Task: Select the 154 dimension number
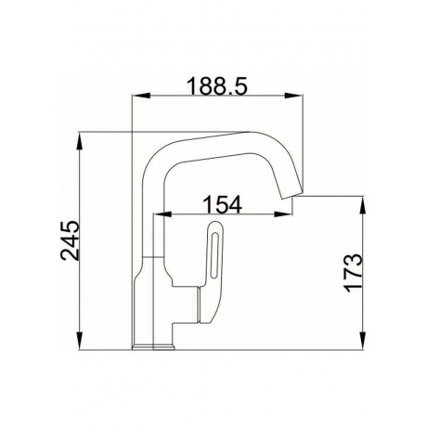[x=222, y=204]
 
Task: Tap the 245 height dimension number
[x=71, y=240]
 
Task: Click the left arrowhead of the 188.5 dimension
[x=141, y=96]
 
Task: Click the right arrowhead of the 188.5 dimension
[x=293, y=96]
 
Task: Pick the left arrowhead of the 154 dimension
[x=162, y=213]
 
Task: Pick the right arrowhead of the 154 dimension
[x=283, y=213]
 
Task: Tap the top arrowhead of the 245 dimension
[x=79, y=142]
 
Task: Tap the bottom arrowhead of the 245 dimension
[x=79, y=341]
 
